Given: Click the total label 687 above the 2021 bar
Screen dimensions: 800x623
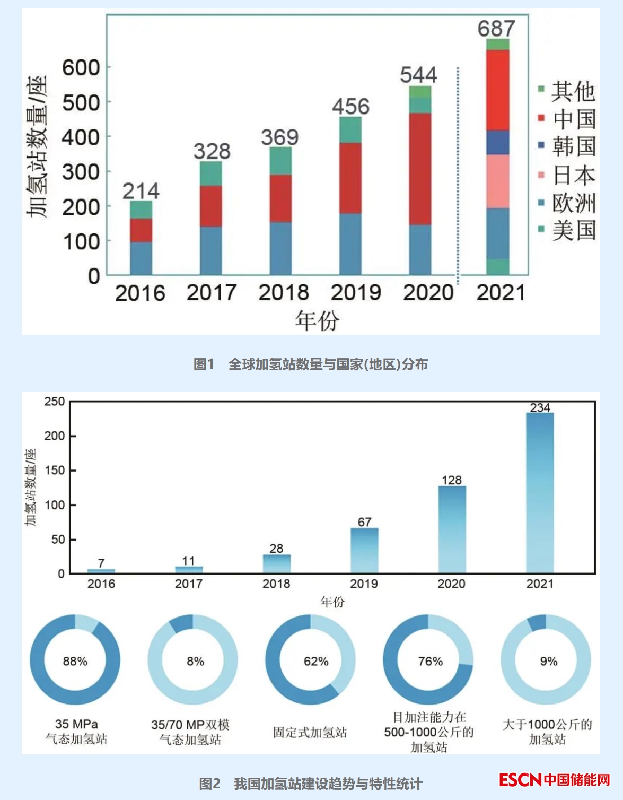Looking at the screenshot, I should pos(496,29).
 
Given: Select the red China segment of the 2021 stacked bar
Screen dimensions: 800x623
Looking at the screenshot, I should pos(498,90).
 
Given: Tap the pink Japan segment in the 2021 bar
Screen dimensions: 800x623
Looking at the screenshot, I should pos(498,181).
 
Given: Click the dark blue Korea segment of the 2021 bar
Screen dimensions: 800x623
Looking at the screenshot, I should pos(498,142).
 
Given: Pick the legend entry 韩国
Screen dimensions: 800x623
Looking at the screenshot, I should pos(574,146).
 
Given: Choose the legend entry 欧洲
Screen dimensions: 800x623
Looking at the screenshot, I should pos(574,203).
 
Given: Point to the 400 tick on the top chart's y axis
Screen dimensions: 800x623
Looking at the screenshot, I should pos(81,137).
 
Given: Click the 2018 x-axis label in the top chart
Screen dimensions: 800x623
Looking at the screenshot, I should pos(284,293).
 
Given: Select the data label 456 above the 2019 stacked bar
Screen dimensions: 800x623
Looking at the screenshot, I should pos(350,107).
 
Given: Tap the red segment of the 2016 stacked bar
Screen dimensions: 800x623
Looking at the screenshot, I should pos(141,230).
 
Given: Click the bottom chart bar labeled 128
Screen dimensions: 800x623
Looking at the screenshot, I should pos(452,529).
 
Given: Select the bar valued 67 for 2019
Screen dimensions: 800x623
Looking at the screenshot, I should pos(364,550).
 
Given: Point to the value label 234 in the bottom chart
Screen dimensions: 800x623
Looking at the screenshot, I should pos(540,407).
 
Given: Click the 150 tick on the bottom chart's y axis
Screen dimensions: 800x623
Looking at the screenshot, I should pos(55,471).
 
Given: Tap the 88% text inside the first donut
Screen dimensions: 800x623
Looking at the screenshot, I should pos(75,661).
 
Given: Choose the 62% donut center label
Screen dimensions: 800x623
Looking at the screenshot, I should pos(316,661).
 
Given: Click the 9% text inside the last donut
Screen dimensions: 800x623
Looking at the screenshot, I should pos(548,661).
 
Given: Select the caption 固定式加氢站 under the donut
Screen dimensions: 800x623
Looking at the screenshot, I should pos(310,733).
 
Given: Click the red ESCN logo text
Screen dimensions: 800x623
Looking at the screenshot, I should pos(520,780).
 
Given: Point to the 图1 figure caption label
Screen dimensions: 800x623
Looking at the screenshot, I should pos(204,364).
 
